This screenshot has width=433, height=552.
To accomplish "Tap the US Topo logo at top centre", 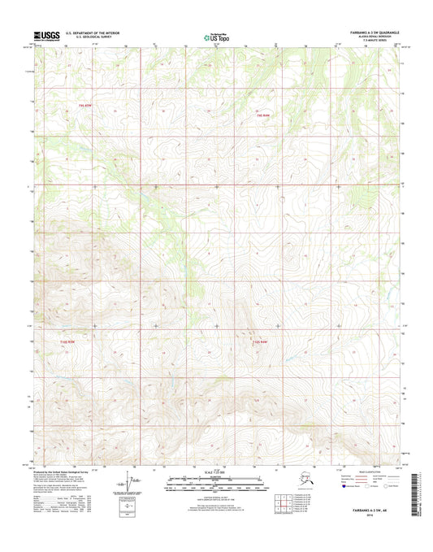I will click(x=216, y=37).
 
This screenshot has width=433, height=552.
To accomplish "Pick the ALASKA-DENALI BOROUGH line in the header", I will click(x=378, y=37).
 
